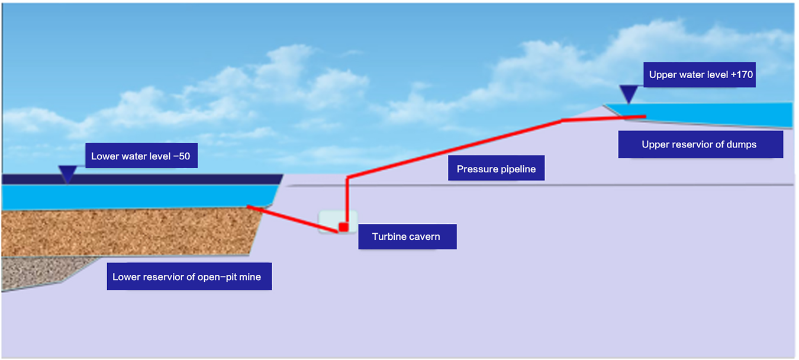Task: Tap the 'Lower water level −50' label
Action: coord(141,157)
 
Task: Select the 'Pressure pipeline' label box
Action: coord(496,169)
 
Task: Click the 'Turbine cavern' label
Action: coord(407,237)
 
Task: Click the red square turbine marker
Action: coord(343,227)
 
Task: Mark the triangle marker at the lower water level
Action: coord(68,173)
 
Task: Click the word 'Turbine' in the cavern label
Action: coord(389,237)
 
